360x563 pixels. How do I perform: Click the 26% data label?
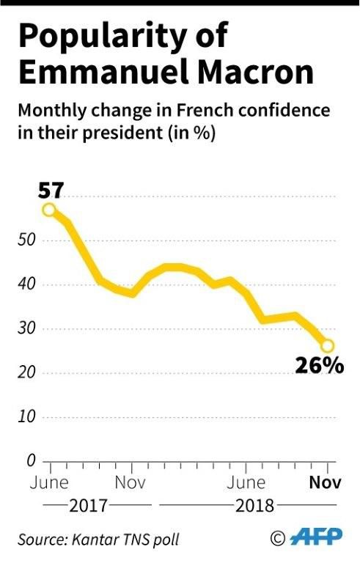point(319,365)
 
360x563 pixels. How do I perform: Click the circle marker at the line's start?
point(49,210)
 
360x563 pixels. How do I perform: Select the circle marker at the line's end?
point(327,345)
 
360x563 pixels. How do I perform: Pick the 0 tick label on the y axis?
point(32,461)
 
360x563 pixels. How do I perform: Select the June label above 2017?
point(49,483)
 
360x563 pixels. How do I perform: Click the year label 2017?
point(89,506)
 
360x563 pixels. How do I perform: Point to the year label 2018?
point(254,506)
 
